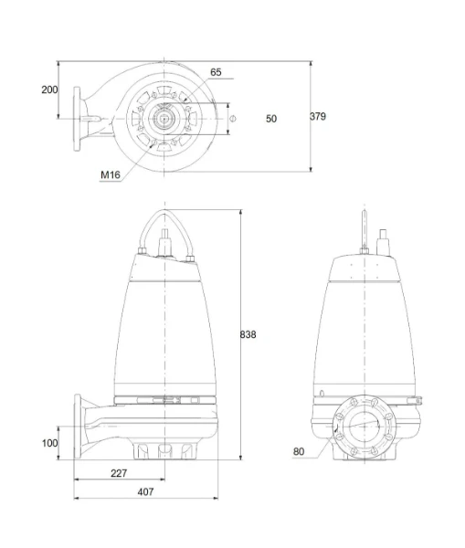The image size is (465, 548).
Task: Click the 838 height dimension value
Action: pos(248,334)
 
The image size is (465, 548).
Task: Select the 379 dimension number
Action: pos(318,116)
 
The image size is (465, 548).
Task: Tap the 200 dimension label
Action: pos(49,90)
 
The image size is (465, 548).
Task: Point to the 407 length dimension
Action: pos(145,491)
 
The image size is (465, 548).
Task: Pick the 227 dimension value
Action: pos(119,473)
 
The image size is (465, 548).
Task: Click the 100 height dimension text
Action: pos(49,443)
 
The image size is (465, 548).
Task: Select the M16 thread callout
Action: pos(111,174)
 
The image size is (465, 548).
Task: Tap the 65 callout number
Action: pos(216,72)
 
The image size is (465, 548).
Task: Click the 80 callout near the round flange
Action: pos(299,451)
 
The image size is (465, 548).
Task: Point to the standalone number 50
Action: pos(271,119)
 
